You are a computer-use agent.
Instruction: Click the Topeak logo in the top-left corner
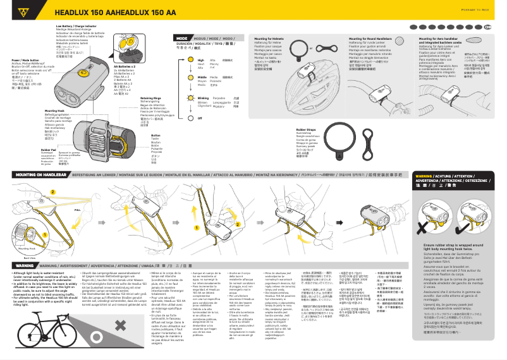(x=26, y=11)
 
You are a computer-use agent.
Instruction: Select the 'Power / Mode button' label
(x=25, y=60)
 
